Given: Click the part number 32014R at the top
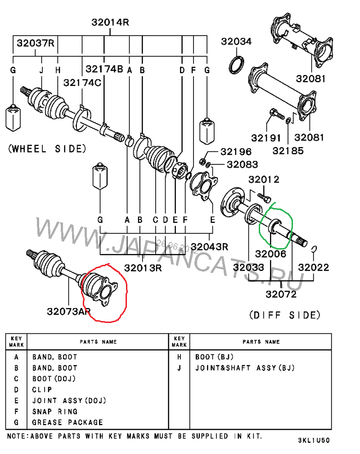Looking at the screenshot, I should coord(110,22).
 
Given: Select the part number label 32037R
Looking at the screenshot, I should coord(36,44).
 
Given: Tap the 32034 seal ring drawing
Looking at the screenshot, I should coord(237,64).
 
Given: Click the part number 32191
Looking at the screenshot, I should coord(266,137).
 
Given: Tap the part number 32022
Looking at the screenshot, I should coord(314,267).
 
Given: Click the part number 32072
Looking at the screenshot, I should coord(281,295).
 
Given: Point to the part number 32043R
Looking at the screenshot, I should coord(209,247).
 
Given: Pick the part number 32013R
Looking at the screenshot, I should coord(143,268).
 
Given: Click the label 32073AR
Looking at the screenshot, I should coord(68,311).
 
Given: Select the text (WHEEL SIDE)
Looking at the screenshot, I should coord(47,149).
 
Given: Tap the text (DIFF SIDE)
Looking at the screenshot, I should coord(284,314).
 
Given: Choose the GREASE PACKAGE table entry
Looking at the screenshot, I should coord(67,422).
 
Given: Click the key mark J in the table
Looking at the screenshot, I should coord(179,368).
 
